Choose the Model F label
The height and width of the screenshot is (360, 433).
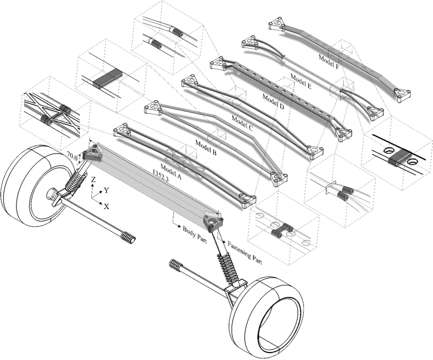point(330,57)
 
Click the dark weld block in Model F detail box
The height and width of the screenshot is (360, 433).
point(398,158)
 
